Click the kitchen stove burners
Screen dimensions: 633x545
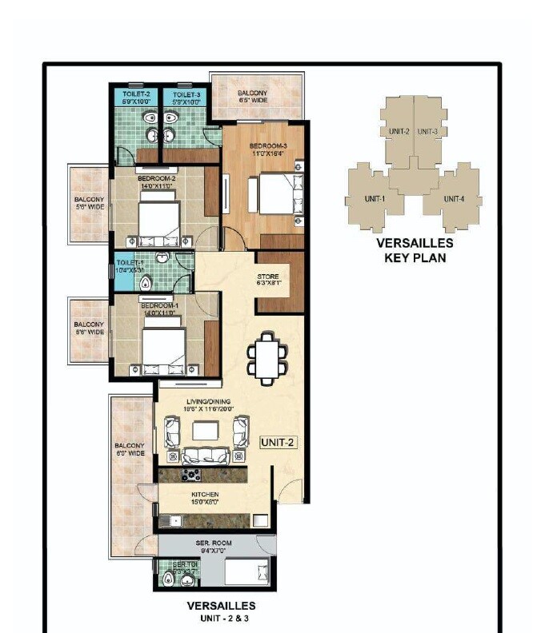point(192,475)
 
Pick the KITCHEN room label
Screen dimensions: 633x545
point(205,498)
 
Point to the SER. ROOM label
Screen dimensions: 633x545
point(214,546)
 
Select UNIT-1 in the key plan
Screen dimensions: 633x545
point(375,198)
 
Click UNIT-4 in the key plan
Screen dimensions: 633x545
point(453,198)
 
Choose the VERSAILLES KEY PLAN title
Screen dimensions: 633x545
point(415,250)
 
